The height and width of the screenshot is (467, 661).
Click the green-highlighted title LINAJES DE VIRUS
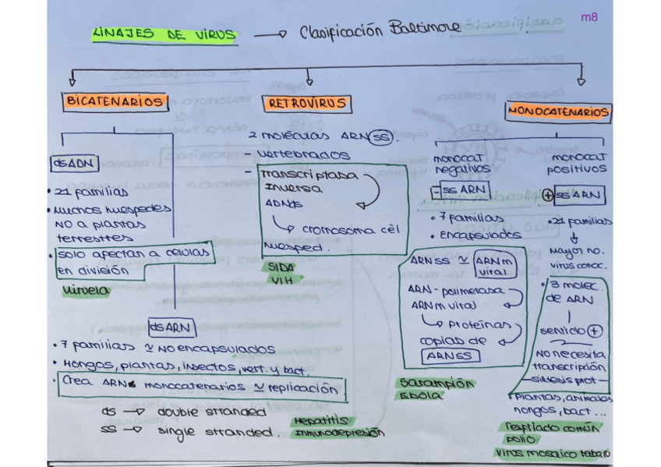164,35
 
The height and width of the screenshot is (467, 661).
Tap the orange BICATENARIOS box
115,101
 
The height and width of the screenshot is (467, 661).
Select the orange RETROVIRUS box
308,104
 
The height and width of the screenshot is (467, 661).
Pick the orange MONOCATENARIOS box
558,112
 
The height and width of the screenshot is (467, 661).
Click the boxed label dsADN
74,164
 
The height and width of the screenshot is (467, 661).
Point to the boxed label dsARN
171,328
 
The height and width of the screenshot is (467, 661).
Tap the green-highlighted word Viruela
85,291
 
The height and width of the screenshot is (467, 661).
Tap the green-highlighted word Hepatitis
320,420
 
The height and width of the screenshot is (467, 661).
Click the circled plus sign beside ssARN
549,196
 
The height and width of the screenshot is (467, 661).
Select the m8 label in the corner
590,16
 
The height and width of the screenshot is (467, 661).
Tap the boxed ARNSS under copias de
449,356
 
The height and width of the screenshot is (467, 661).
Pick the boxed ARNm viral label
493,266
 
